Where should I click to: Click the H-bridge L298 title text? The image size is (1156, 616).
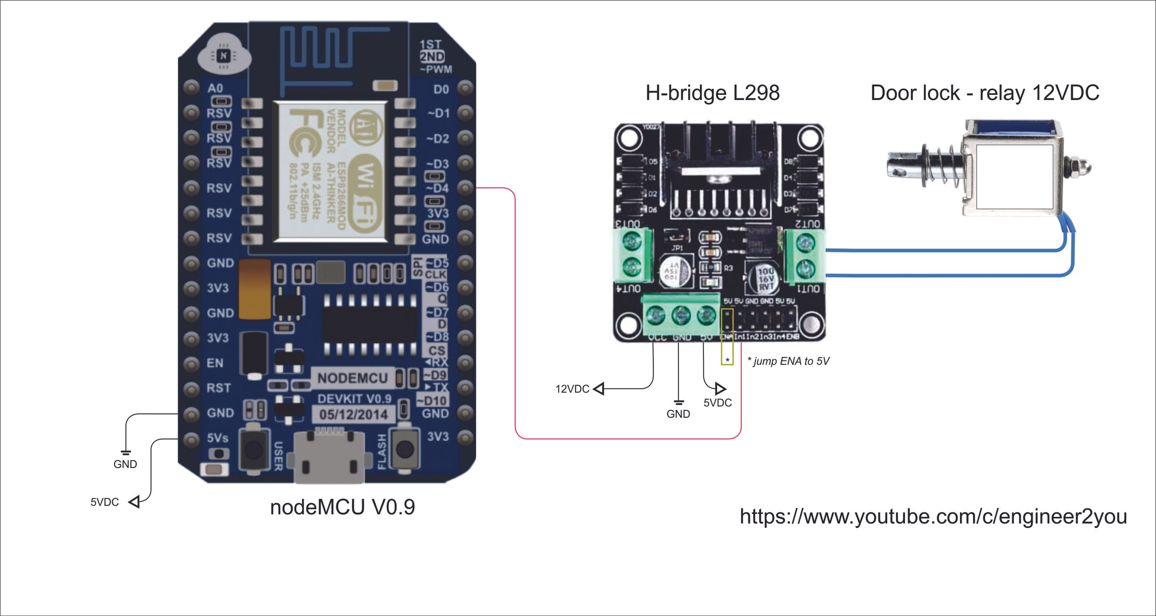pos(712,93)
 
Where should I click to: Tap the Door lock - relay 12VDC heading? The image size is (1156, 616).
pos(985,93)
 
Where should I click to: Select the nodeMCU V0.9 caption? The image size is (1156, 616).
pos(342,507)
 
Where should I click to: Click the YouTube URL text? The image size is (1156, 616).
pos(933,516)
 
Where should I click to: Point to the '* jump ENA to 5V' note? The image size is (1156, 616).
pos(788,361)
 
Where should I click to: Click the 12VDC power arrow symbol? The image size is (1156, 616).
pos(599,389)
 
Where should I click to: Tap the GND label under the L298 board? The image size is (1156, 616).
pos(678,414)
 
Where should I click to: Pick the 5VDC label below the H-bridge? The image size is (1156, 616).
pos(717,403)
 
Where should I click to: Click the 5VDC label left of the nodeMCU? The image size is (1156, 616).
pos(105,502)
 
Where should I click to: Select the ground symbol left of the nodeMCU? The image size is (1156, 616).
pos(126,452)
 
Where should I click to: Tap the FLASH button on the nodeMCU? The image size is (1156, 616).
pos(405,449)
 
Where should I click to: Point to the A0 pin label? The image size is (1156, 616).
pos(215,89)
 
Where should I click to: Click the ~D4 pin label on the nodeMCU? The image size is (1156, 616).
pos(437,188)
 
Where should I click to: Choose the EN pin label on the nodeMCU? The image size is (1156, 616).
pos(215,363)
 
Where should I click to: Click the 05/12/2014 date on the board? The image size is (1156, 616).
pos(353,415)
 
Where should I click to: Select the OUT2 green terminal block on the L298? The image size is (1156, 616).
pos(803,256)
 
